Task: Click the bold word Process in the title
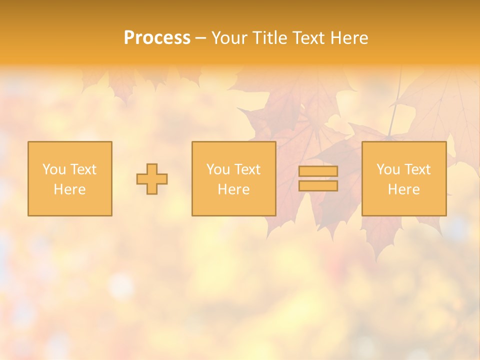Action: click(157, 38)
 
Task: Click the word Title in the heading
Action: click(269, 38)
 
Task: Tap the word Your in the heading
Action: click(229, 38)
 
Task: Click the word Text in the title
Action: click(308, 38)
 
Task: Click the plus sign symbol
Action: click(152, 179)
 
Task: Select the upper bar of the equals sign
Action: click(318, 171)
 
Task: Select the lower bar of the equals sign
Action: click(318, 186)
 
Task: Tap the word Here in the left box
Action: click(69, 189)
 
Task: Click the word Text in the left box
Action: click(83, 169)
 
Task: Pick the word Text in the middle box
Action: click(247, 169)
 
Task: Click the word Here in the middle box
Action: click(233, 189)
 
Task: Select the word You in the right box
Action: click(388, 169)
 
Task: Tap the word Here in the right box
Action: click(403, 189)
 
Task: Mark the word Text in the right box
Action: click(417, 169)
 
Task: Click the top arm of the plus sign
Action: click(152, 168)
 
